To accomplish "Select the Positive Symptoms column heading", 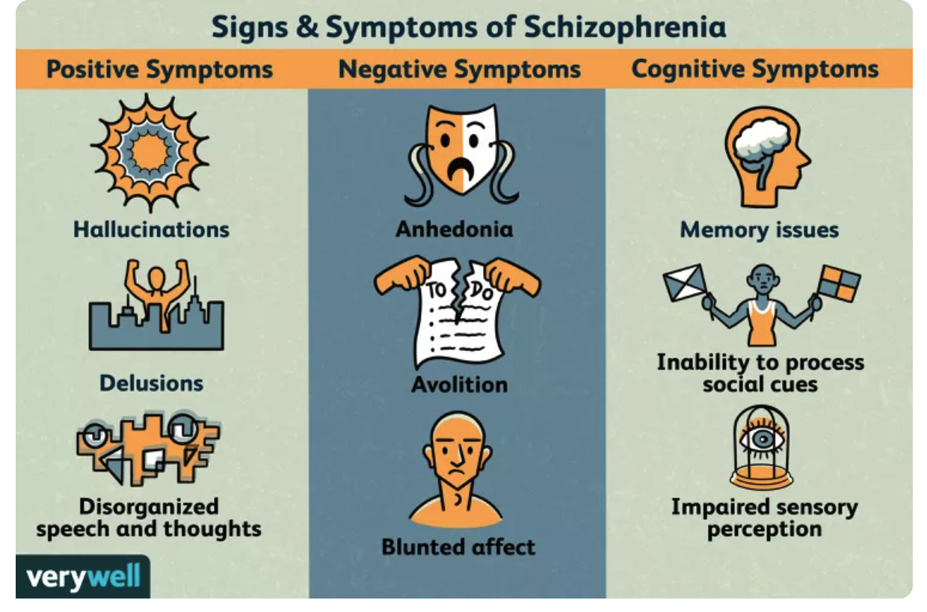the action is coord(159,70).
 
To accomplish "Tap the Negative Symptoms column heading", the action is coord(459,70).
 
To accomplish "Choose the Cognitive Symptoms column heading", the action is coord(754,70).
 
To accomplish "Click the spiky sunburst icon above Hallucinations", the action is coord(150,153).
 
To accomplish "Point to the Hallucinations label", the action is coord(151,228).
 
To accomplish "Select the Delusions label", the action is coord(151,383).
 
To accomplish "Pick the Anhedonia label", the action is coord(455,228).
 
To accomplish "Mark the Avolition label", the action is coord(459,385).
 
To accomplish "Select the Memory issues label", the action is coord(759,230).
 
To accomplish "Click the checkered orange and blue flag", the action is coord(839,283).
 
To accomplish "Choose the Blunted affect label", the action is coord(458,546).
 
